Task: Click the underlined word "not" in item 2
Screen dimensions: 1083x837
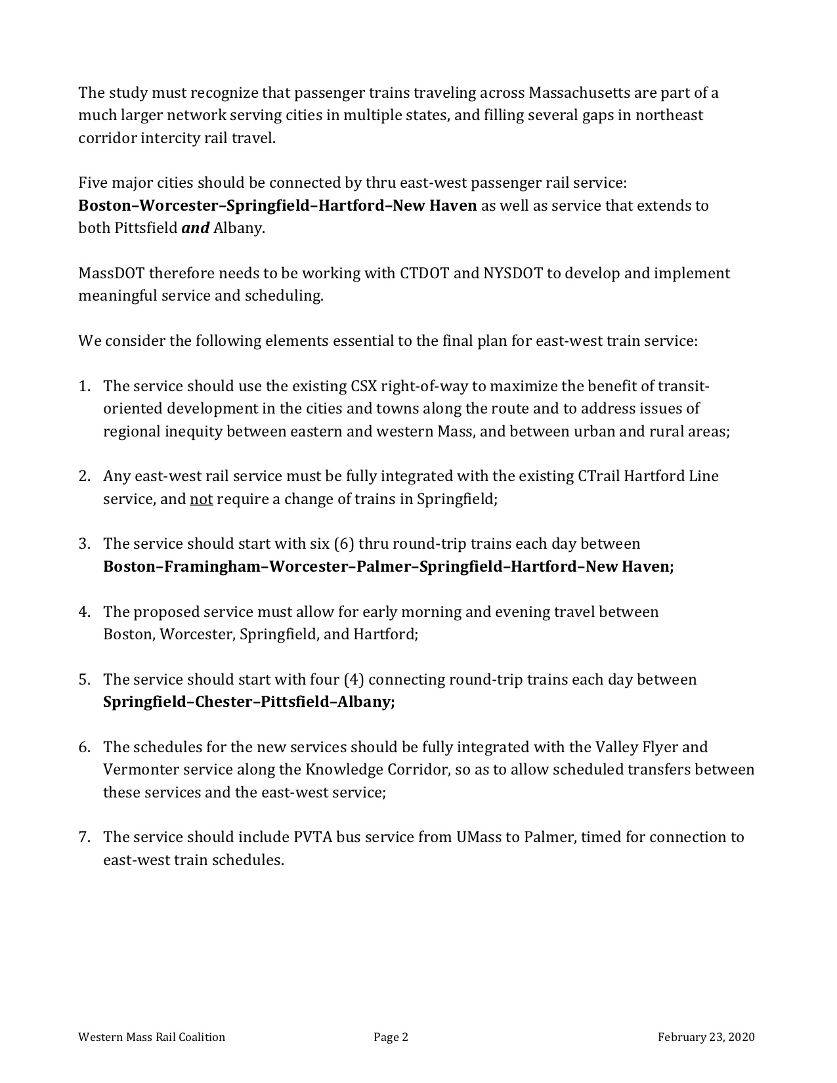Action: click(x=201, y=499)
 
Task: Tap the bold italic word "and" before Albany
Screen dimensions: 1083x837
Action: click(x=195, y=228)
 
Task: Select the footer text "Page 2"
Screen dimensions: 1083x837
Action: click(x=391, y=1037)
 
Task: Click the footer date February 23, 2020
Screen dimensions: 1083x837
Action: click(x=706, y=1037)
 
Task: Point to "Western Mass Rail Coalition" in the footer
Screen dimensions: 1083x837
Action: click(x=152, y=1037)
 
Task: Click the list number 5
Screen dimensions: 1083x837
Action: click(x=84, y=679)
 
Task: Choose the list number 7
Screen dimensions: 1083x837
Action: click(x=84, y=837)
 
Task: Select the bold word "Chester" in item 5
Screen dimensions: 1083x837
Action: click(x=223, y=702)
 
